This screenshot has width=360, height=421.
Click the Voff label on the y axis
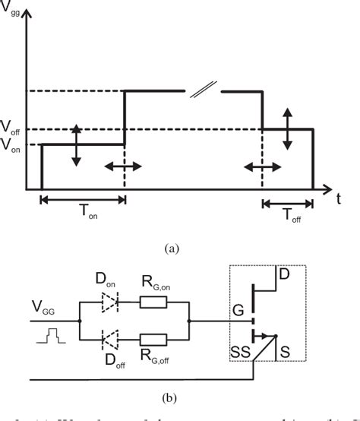click(x=11, y=127)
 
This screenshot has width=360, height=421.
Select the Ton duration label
click(x=81, y=214)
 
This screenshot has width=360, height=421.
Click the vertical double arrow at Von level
click(x=77, y=144)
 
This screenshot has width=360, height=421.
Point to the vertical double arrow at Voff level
click(x=287, y=128)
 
